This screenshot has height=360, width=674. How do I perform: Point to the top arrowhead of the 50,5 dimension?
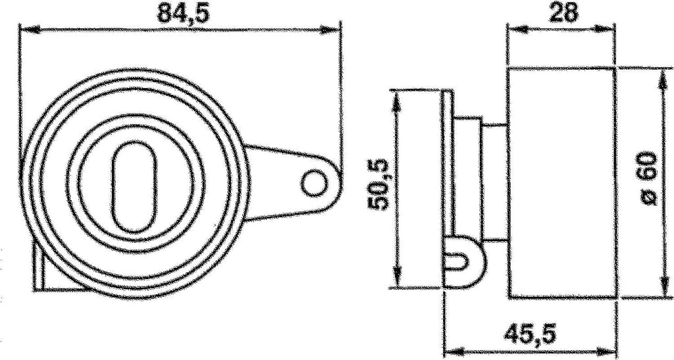point(396,99)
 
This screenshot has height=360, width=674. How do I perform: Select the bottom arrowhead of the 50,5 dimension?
point(396,280)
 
